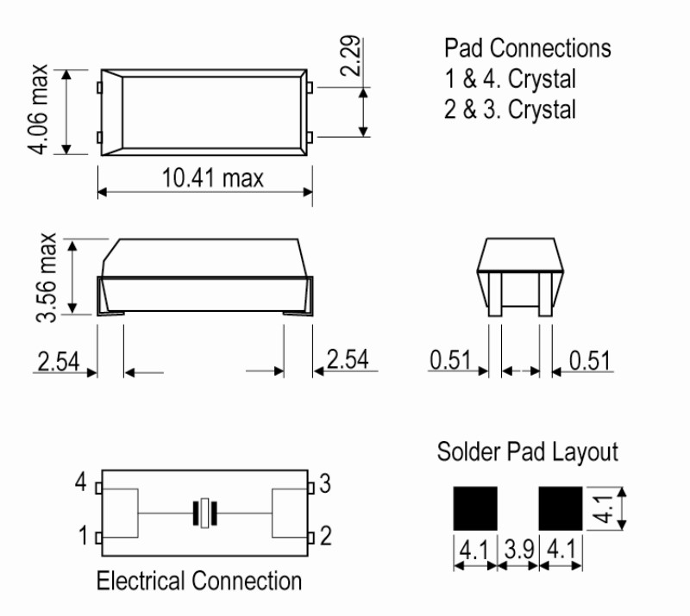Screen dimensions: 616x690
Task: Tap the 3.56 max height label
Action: pyautogui.click(x=49, y=276)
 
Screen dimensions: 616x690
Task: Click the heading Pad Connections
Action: pyautogui.click(x=527, y=48)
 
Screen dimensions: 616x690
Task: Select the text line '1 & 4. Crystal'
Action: pyautogui.click(x=510, y=79)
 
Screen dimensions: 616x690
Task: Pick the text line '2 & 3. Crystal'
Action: pyautogui.click(x=510, y=110)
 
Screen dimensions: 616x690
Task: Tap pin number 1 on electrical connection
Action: pyautogui.click(x=82, y=538)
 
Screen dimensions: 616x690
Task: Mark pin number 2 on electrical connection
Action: pyautogui.click(x=325, y=538)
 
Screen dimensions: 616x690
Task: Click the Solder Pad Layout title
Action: pyautogui.click(x=527, y=451)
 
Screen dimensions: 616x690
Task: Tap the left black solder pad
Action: pyautogui.click(x=474, y=508)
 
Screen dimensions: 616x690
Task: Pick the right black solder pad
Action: pyautogui.click(x=561, y=508)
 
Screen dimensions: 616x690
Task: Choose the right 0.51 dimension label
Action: pyautogui.click(x=591, y=360)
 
